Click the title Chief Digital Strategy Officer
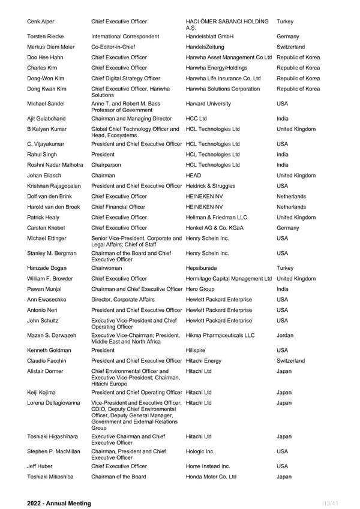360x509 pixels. (x=125, y=79)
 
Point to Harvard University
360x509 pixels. (x=208, y=104)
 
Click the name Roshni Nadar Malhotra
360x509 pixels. (x=55, y=165)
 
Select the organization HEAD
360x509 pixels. (x=194, y=176)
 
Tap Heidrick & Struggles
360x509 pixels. (x=211, y=186)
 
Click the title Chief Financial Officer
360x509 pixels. (x=118, y=207)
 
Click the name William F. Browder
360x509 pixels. (x=51, y=279)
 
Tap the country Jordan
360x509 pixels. (x=285, y=336)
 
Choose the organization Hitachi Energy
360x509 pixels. (x=204, y=361)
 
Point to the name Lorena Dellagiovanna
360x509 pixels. (x=53, y=403)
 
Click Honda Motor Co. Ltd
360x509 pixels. (x=211, y=477)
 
